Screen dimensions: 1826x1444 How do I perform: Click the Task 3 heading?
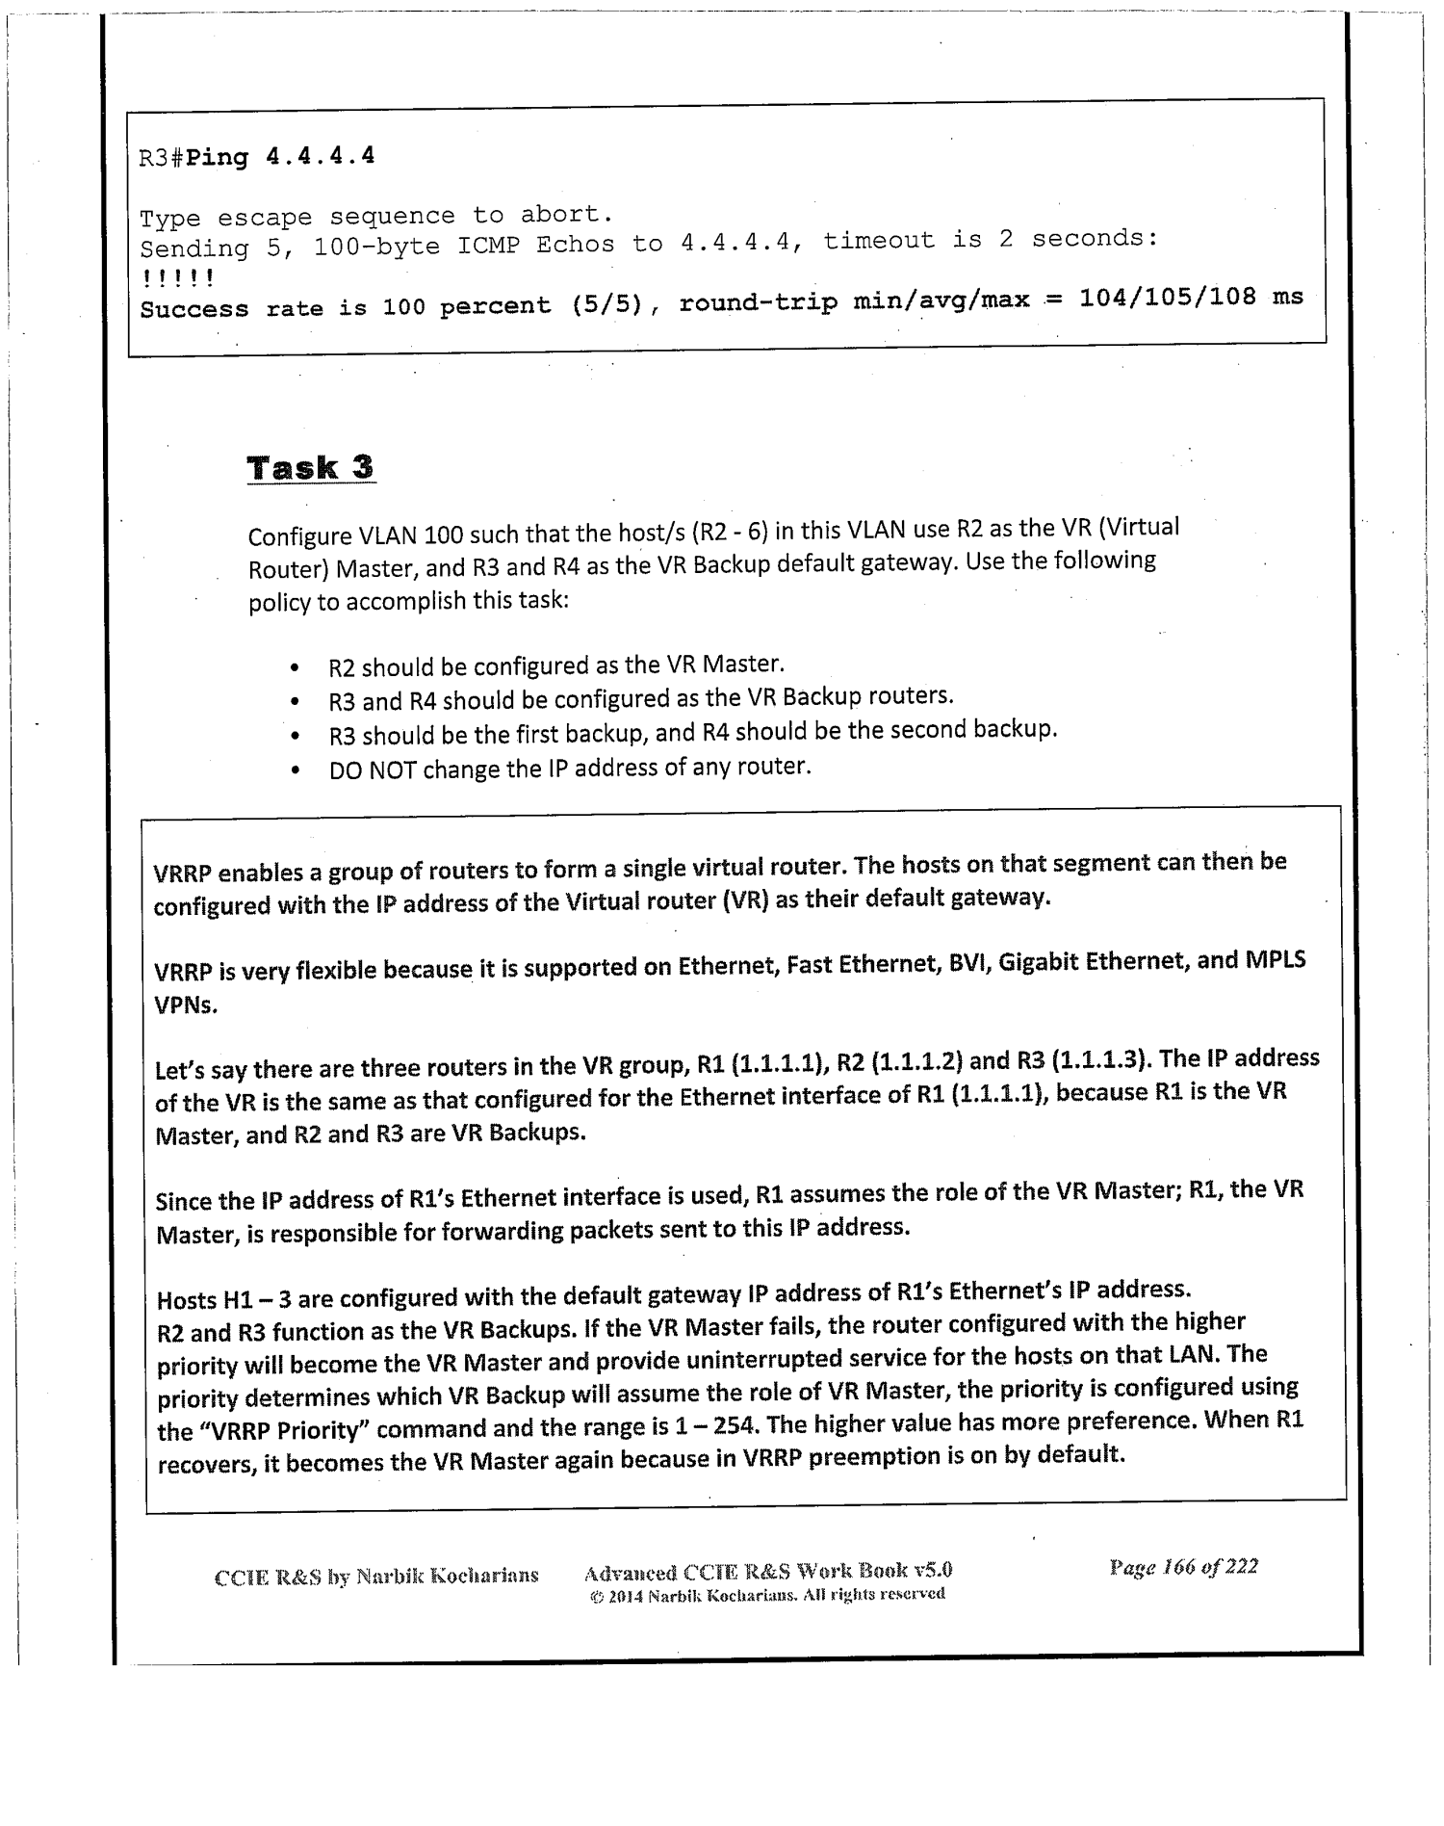pyautogui.click(x=310, y=468)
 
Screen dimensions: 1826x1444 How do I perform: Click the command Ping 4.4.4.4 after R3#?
pyautogui.click(x=280, y=157)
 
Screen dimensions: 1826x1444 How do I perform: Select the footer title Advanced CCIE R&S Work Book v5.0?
pyautogui.click(x=767, y=1572)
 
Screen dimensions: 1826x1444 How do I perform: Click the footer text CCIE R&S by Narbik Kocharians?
pyautogui.click(x=375, y=1577)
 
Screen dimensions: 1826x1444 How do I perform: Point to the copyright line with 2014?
pyautogui.click(x=767, y=1594)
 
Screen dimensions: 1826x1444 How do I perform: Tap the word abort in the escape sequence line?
pyautogui.click(x=565, y=213)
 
